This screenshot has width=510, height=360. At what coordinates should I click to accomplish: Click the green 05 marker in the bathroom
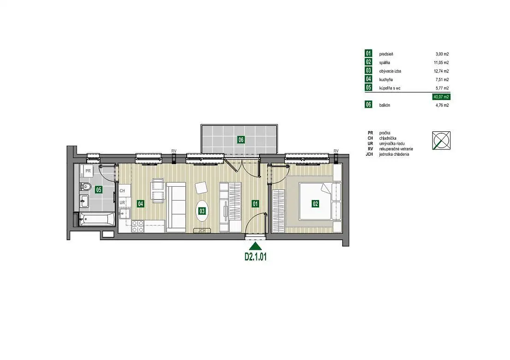pyautogui.click(x=99, y=189)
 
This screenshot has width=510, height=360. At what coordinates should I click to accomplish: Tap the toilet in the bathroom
pyautogui.click(x=85, y=187)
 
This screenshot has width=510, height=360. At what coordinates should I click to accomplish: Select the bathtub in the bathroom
pyautogui.click(x=96, y=219)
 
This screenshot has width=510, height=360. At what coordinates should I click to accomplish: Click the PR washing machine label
pyautogui.click(x=88, y=171)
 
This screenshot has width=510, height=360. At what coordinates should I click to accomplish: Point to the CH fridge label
pyautogui.click(x=122, y=191)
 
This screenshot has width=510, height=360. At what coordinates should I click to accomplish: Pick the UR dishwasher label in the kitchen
pyautogui.click(x=122, y=203)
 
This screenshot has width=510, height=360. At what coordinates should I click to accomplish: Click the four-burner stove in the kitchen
pyautogui.click(x=137, y=226)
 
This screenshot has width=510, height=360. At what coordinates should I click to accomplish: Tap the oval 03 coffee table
pyautogui.click(x=202, y=211)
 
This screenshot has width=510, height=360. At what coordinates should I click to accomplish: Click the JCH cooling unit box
pyautogui.click(x=202, y=230)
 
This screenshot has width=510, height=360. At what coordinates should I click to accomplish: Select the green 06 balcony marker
pyautogui.click(x=241, y=140)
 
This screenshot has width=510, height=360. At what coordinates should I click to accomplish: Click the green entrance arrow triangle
pyautogui.click(x=255, y=247)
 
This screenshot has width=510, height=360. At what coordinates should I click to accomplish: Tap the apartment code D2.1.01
pyautogui.click(x=255, y=257)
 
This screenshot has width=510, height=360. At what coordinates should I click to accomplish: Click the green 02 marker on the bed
pyautogui.click(x=315, y=204)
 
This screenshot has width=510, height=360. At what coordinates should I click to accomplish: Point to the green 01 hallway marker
pyautogui.click(x=255, y=204)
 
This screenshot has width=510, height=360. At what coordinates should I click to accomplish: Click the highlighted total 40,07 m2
pyautogui.click(x=441, y=97)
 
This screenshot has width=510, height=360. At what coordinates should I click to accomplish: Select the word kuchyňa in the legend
pyautogui.click(x=386, y=80)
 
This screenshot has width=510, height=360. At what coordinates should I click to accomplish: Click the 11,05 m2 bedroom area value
pyautogui.click(x=442, y=62)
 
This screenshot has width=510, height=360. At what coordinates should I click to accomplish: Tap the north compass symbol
pyautogui.click(x=441, y=141)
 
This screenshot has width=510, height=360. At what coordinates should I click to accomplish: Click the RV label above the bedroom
pyautogui.click(x=336, y=151)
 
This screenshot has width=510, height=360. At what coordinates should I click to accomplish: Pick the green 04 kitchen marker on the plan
pyautogui.click(x=141, y=204)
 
